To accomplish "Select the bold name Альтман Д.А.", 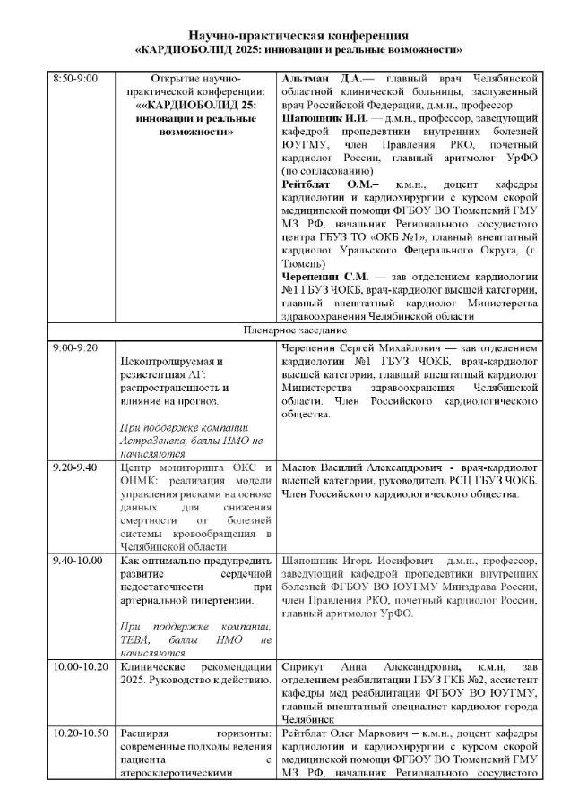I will (x=312, y=79).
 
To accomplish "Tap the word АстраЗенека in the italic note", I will (x=150, y=442).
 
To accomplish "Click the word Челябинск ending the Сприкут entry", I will (x=309, y=719).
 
